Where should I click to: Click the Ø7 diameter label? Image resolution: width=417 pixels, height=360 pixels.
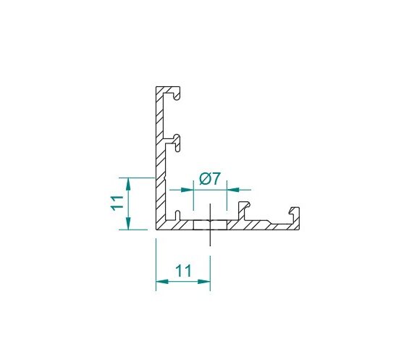click(x=210, y=178)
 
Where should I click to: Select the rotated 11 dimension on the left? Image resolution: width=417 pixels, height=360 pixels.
click(x=117, y=203)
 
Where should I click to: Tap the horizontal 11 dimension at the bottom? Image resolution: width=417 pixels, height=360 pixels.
click(x=183, y=271)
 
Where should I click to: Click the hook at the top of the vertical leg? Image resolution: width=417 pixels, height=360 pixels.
click(x=177, y=93)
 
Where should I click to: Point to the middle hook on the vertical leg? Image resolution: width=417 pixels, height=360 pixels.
click(x=177, y=143)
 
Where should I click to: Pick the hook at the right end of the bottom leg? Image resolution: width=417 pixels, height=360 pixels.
click(x=295, y=214)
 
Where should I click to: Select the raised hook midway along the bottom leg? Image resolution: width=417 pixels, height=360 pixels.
click(x=244, y=209)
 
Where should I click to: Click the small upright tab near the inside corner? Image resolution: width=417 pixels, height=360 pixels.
click(x=178, y=215)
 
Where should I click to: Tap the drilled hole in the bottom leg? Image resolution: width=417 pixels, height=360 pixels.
click(x=210, y=225)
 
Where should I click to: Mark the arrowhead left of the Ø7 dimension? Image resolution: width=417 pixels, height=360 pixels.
click(x=187, y=190)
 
